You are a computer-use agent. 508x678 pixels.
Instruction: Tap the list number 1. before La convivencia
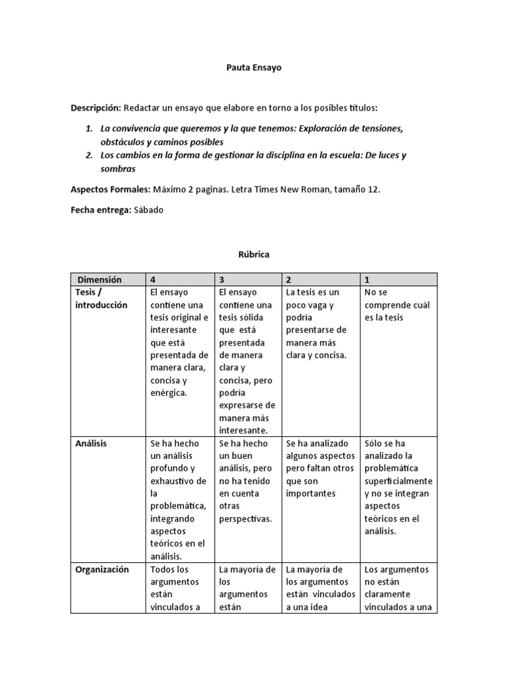click(x=89, y=128)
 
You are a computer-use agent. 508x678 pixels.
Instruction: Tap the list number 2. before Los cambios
click(x=89, y=156)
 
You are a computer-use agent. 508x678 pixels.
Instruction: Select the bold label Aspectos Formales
click(x=110, y=189)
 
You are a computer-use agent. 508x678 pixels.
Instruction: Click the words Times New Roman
click(x=250, y=189)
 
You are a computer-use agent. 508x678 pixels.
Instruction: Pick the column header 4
click(x=154, y=279)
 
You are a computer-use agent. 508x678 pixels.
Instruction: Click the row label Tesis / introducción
click(x=101, y=299)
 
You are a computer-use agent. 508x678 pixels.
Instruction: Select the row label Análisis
click(x=92, y=444)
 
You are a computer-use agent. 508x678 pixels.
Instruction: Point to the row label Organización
click(x=103, y=569)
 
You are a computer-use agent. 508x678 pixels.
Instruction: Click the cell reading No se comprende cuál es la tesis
click(x=396, y=305)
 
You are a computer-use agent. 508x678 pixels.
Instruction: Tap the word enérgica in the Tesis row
click(x=169, y=393)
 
